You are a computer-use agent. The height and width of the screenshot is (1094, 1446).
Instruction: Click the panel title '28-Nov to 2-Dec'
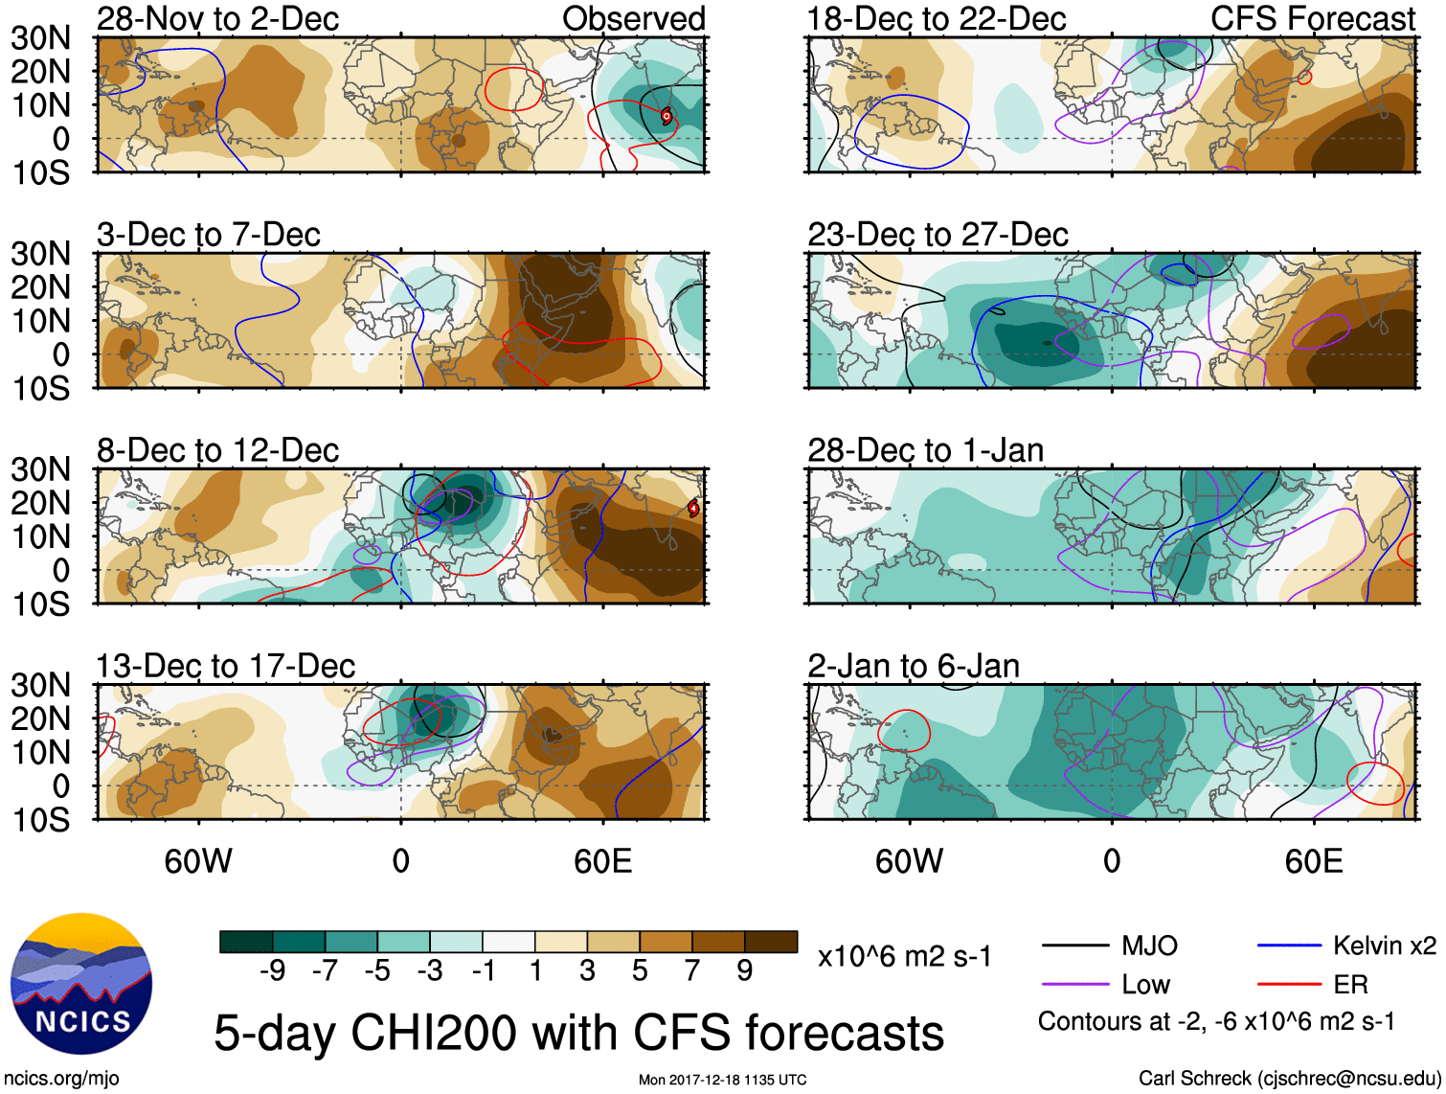pyautogui.click(x=217, y=18)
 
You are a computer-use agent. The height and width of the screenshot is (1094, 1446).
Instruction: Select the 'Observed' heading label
pyautogui.click(x=633, y=18)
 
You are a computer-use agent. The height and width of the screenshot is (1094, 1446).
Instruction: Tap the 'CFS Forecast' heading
pyautogui.click(x=1312, y=18)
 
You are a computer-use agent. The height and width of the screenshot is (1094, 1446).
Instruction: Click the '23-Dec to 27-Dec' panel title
pyautogui.click(x=937, y=235)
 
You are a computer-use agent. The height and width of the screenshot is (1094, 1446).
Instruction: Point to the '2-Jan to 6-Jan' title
pyautogui.click(x=913, y=666)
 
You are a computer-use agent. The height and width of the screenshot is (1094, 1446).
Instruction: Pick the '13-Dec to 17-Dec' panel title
pyautogui.click(x=225, y=666)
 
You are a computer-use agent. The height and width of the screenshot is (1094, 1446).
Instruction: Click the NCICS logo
pyautogui.click(x=81, y=984)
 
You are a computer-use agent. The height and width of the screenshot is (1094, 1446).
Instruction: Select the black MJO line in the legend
pyautogui.click(x=1074, y=946)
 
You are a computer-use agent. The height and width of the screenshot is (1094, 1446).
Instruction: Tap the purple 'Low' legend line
pyautogui.click(x=1074, y=985)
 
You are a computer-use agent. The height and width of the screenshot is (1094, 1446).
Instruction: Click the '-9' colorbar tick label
pyautogui.click(x=272, y=971)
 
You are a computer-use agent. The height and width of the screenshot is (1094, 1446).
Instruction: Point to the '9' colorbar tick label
pyautogui.click(x=745, y=971)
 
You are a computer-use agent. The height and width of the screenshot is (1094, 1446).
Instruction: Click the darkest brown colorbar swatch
pyautogui.click(x=771, y=942)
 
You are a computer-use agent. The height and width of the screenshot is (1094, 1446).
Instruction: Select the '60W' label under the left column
pyautogui.click(x=198, y=861)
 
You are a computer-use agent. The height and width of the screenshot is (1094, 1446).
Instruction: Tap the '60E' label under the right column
pyautogui.click(x=1313, y=861)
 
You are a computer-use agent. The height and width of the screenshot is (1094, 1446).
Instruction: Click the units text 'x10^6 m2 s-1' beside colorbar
pyautogui.click(x=904, y=956)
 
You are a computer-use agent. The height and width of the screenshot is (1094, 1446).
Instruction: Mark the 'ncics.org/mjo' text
pyautogui.click(x=61, y=1079)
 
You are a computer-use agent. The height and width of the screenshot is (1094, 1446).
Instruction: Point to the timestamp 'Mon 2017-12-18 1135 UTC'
pyautogui.click(x=722, y=1080)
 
